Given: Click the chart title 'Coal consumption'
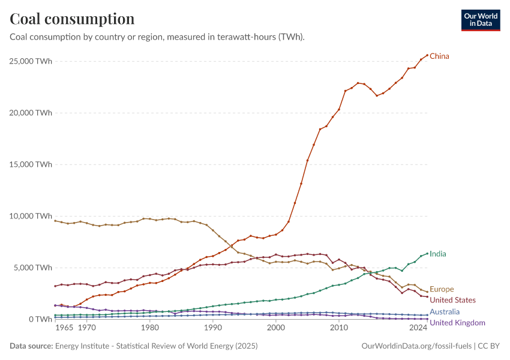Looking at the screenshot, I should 72,19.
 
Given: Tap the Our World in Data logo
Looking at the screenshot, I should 480,20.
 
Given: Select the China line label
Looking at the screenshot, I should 439,56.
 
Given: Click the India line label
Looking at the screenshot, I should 437,254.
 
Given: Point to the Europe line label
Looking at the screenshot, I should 442,289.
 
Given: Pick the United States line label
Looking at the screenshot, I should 452,300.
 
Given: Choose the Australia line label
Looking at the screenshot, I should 445,311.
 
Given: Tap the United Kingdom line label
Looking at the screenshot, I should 457,323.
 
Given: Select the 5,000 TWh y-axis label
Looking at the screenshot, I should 33,268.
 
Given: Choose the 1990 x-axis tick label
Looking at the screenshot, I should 212,329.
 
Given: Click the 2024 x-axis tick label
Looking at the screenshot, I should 418,329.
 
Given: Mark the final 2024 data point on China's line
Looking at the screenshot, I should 427,55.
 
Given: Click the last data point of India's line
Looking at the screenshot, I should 427,253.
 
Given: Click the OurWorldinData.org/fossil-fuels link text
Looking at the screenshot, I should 417,346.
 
